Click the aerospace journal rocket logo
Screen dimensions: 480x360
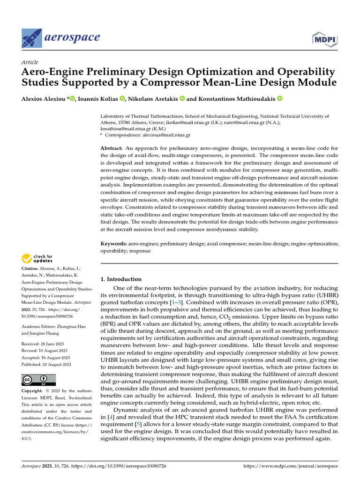(31, 38)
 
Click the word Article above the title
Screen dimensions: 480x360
(30, 62)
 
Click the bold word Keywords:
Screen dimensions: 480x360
(114, 244)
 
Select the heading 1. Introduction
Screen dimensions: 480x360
(121, 279)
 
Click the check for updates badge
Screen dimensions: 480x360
(37, 258)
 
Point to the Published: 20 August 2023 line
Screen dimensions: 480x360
(46, 364)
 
